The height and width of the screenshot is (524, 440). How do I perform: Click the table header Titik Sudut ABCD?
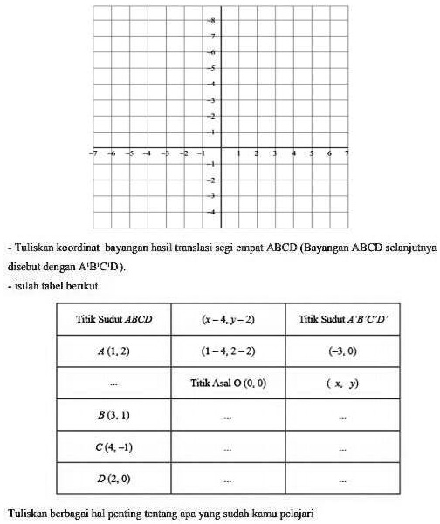[x=113, y=319]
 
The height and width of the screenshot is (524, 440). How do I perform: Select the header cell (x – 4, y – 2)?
[x=228, y=319]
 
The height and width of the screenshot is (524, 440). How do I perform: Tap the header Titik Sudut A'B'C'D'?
[x=343, y=319]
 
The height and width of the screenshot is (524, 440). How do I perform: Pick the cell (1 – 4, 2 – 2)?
[x=228, y=351]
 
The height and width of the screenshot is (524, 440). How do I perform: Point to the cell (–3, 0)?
[x=343, y=351]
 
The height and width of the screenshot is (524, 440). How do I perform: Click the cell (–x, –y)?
[x=343, y=384]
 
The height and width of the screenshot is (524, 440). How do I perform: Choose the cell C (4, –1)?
[x=113, y=447]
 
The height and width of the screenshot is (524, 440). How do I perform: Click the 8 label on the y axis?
[x=210, y=19]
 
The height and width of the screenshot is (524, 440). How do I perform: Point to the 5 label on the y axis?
[x=210, y=67]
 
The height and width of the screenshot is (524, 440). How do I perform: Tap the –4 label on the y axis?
[x=210, y=212]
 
